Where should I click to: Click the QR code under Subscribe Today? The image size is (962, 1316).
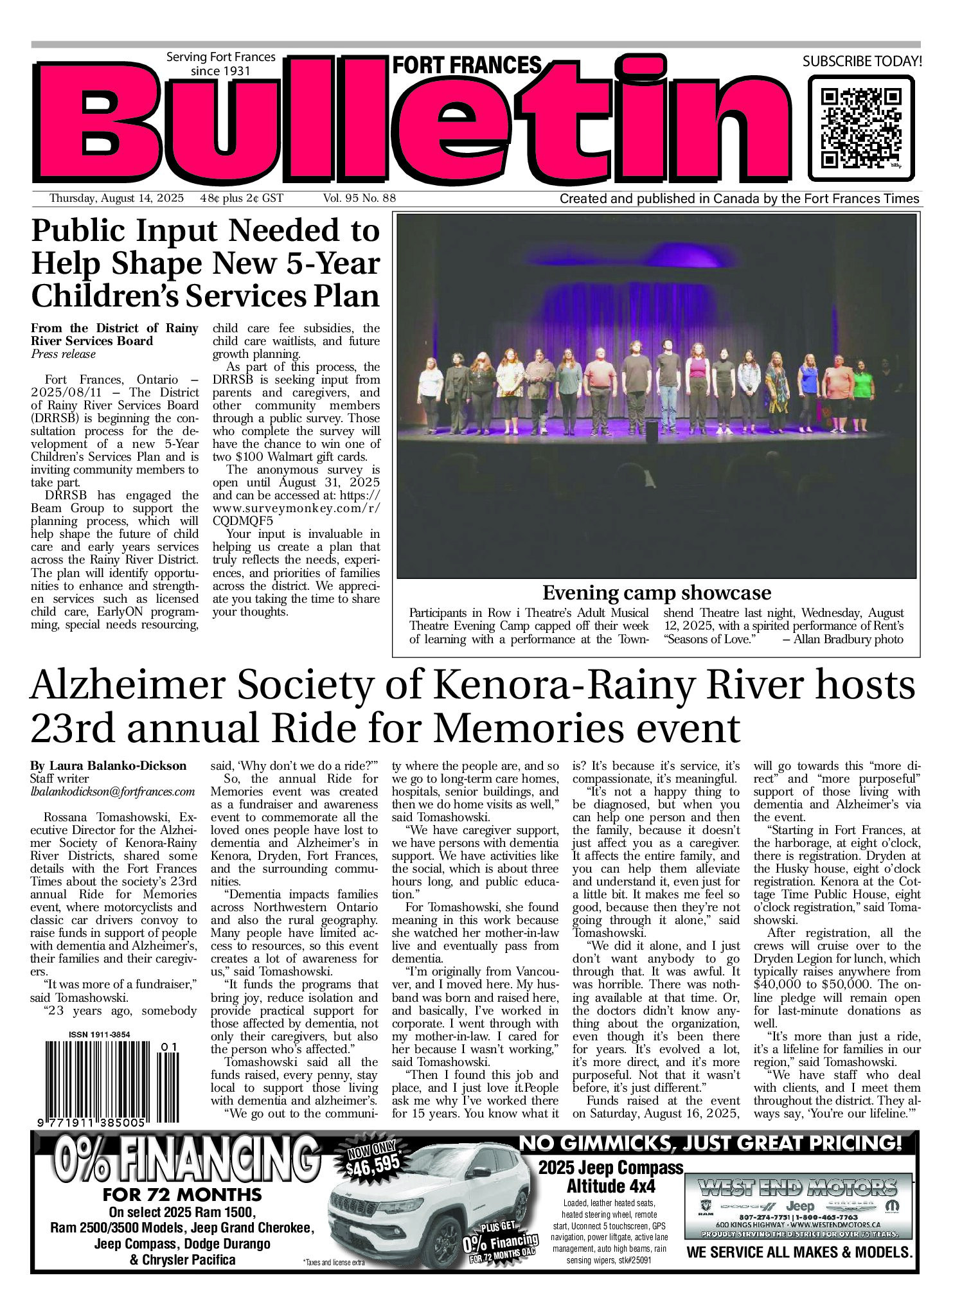point(861,127)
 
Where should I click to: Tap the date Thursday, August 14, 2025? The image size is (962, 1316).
point(116,198)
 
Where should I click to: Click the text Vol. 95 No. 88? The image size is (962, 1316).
point(359,198)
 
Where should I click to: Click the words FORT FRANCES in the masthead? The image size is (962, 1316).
point(467,65)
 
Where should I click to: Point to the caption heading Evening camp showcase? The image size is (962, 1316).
point(656,592)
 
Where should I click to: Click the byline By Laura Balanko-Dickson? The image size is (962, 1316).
point(108,765)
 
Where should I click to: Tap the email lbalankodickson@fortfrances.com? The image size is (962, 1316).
point(112,792)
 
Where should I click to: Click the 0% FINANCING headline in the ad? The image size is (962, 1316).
point(186,1160)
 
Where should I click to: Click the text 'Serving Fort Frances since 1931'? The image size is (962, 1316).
point(220,63)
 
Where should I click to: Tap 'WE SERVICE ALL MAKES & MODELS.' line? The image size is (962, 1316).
point(799,1252)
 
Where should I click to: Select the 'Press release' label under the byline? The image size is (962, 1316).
point(63,354)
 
